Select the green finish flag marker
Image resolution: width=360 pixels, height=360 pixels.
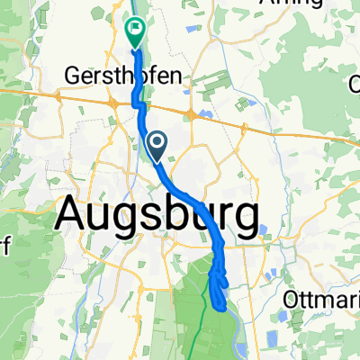135,32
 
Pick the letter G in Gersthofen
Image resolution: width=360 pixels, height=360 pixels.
74,76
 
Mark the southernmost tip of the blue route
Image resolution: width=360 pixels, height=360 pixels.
221,308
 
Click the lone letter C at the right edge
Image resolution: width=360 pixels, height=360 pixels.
355,87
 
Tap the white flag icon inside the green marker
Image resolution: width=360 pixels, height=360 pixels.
135,29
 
